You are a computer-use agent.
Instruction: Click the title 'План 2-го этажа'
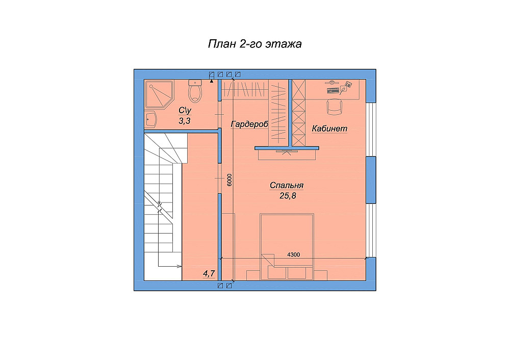pyautogui.click(x=254, y=43)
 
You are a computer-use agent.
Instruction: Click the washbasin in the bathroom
pyautogui.click(x=150, y=119)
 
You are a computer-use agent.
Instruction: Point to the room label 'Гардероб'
pyautogui.click(x=249, y=124)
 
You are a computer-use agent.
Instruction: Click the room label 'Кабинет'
pyautogui.click(x=329, y=128)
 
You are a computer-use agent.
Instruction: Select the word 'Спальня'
pyautogui.click(x=287, y=186)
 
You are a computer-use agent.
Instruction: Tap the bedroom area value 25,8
pyautogui.click(x=288, y=196)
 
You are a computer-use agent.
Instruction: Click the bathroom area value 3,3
pyautogui.click(x=185, y=121)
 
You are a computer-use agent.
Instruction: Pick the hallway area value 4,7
pyautogui.click(x=209, y=273)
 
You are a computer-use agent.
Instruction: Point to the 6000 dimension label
pyautogui.click(x=229, y=180)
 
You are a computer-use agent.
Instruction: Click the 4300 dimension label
pyautogui.click(x=293, y=254)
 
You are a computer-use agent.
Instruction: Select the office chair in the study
pyautogui.click(x=335, y=107)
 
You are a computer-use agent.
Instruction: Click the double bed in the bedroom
pyautogui.click(x=287, y=246)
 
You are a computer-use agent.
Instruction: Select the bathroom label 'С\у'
pyautogui.click(x=185, y=111)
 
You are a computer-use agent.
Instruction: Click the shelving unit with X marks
pyautogui.click(x=298, y=113)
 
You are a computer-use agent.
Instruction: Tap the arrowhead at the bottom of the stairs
pyautogui.click(x=180, y=266)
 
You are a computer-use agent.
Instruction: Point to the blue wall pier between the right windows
pyautogui.click(x=371, y=180)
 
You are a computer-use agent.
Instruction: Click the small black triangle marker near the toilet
pyautogui.click(x=212, y=81)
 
